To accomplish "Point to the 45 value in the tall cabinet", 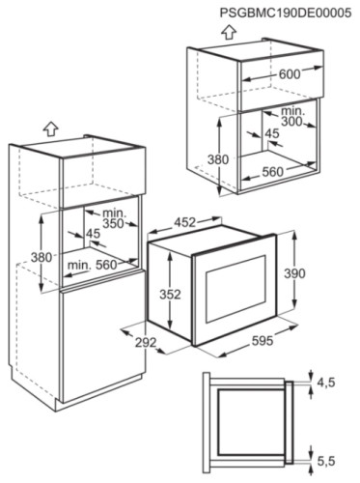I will (x=93, y=233).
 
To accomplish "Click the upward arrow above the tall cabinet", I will (x=48, y=127).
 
